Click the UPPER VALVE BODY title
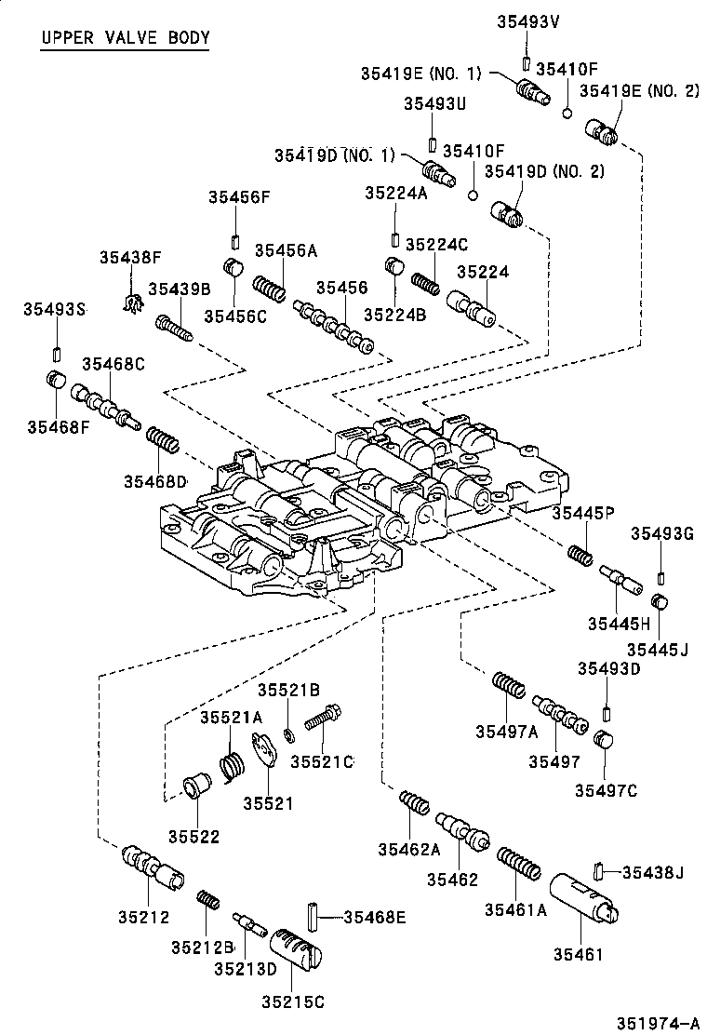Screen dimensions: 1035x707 point(126,38)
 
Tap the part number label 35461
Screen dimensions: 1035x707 point(580,954)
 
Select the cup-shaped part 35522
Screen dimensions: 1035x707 point(194,786)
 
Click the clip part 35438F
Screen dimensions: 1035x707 point(134,302)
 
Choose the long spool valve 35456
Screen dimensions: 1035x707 point(335,327)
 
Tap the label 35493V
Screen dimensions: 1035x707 point(527,20)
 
